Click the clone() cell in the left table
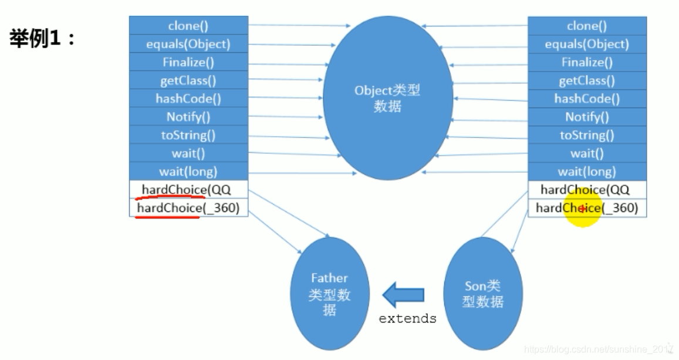point(188,26)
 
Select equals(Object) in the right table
point(587,44)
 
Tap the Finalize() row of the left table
point(188,62)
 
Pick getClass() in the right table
point(587,80)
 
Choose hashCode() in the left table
point(188,99)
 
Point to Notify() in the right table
point(587,117)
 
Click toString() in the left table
point(188,135)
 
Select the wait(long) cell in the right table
point(587,171)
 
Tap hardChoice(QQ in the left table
point(188,190)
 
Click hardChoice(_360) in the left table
point(188,208)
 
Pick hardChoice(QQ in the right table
point(587,190)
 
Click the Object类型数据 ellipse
point(387,98)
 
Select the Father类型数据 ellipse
point(329,293)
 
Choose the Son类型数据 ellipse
point(482,294)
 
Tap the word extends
point(407,319)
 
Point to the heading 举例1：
point(43,39)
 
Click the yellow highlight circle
point(583,208)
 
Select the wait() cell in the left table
point(188,153)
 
